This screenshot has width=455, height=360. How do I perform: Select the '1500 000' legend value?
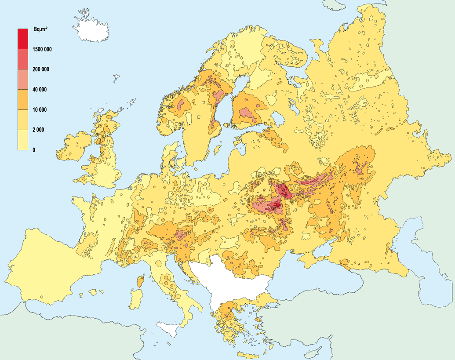pos(42,49)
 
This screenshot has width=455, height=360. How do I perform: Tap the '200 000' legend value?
pos(41,69)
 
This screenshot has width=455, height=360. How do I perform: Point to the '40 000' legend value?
pos(40,90)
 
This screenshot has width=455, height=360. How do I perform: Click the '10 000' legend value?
pos(40,110)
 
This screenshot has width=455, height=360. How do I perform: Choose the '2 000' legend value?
pos(38,130)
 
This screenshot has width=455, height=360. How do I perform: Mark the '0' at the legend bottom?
pos(34,150)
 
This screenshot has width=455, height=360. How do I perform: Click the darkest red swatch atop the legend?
pos(23,39)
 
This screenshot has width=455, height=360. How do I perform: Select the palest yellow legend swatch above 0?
pos(23,140)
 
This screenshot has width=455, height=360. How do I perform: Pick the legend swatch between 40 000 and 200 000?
pos(23,79)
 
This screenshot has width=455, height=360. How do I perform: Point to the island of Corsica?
pos(140,281)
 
